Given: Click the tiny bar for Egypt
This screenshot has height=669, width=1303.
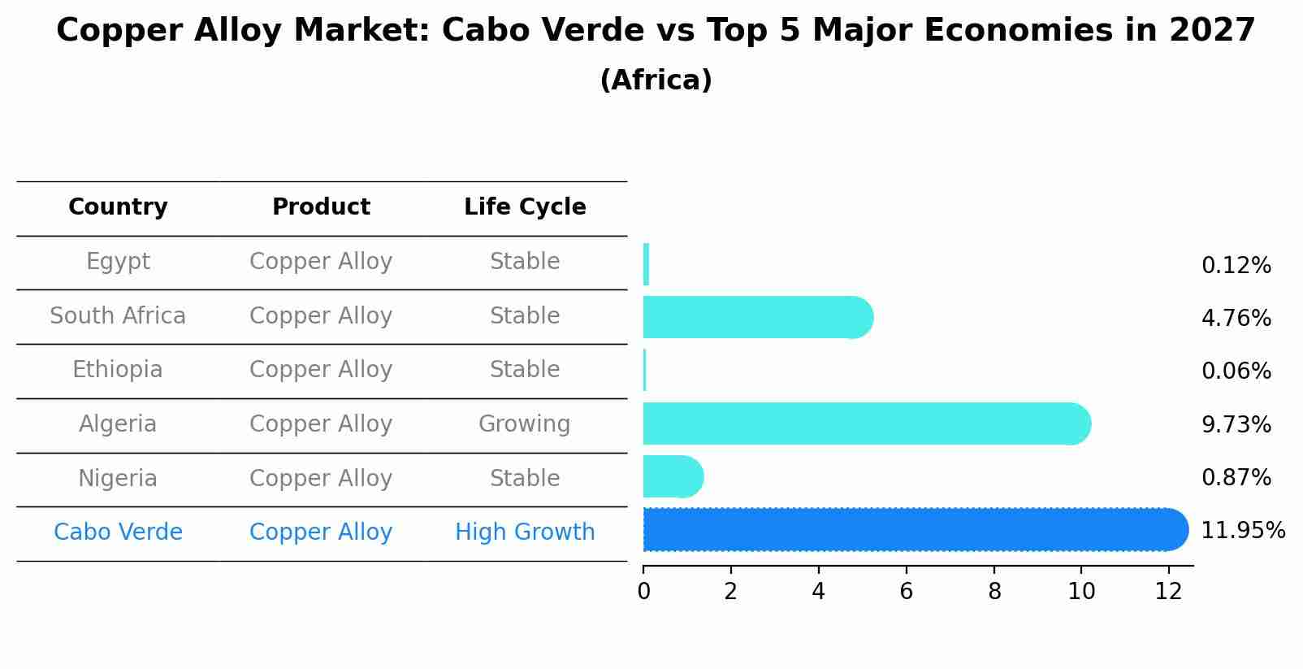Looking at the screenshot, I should pos(646,264).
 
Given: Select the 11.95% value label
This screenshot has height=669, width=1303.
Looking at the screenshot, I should pos(1242,531).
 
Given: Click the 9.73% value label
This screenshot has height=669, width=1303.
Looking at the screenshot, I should pos(1236,424).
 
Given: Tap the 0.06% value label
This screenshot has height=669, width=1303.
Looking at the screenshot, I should pos(1236,371).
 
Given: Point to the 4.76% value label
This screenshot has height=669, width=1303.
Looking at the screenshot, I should pos(1236,318).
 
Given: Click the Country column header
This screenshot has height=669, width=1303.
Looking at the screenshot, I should pos(118,207).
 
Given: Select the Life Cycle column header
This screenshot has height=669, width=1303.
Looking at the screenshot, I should pos(525,207).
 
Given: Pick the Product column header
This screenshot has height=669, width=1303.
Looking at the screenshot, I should pos(321,207).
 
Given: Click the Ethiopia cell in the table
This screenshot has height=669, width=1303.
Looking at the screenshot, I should pos(118,370).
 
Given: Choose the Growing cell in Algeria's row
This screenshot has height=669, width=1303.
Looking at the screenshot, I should pos(525,424).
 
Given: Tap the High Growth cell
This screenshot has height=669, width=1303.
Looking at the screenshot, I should pos(525,532).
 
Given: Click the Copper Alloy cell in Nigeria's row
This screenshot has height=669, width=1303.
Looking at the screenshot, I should pos(321,478).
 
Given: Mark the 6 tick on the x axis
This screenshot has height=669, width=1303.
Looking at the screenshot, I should pos(906,591).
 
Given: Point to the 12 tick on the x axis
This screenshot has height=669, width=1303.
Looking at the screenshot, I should pos(1168,591).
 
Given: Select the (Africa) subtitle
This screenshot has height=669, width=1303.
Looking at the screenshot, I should pos(656,80).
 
